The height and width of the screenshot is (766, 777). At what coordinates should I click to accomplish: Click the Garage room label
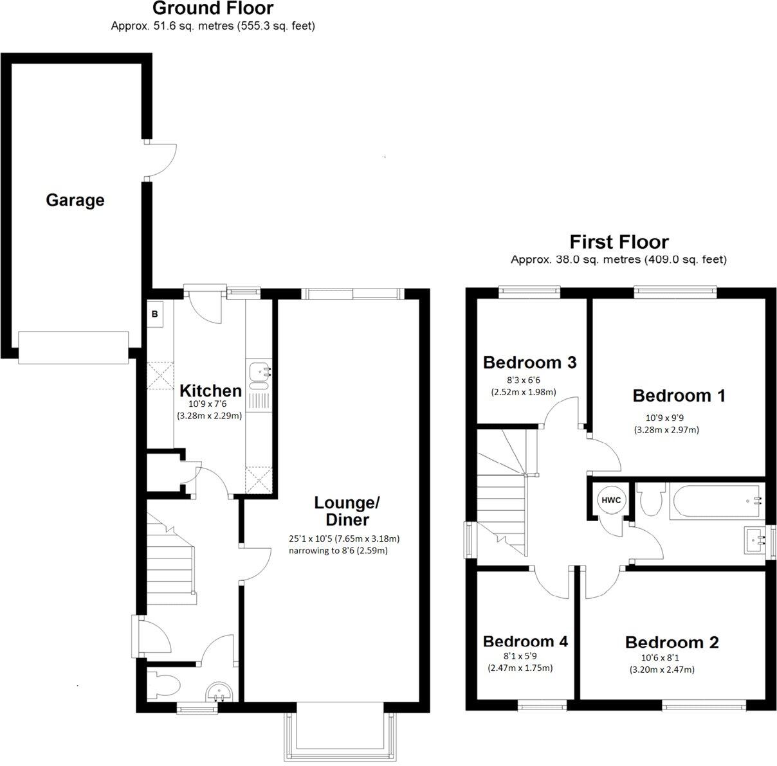click(75, 200)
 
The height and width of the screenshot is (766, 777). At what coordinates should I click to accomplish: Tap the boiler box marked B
click(155, 314)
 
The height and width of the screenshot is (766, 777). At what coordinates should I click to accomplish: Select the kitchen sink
click(259, 373)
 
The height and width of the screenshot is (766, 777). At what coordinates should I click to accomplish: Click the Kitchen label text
click(210, 391)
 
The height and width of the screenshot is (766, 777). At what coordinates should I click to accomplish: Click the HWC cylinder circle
click(608, 500)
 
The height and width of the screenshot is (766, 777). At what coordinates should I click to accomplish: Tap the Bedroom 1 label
click(679, 396)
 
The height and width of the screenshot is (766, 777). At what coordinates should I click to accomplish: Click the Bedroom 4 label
click(525, 641)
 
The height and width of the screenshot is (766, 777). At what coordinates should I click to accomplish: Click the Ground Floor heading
click(213, 9)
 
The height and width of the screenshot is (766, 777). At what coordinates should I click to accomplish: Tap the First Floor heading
click(619, 242)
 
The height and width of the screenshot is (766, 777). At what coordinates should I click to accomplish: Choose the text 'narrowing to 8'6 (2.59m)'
click(338, 551)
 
